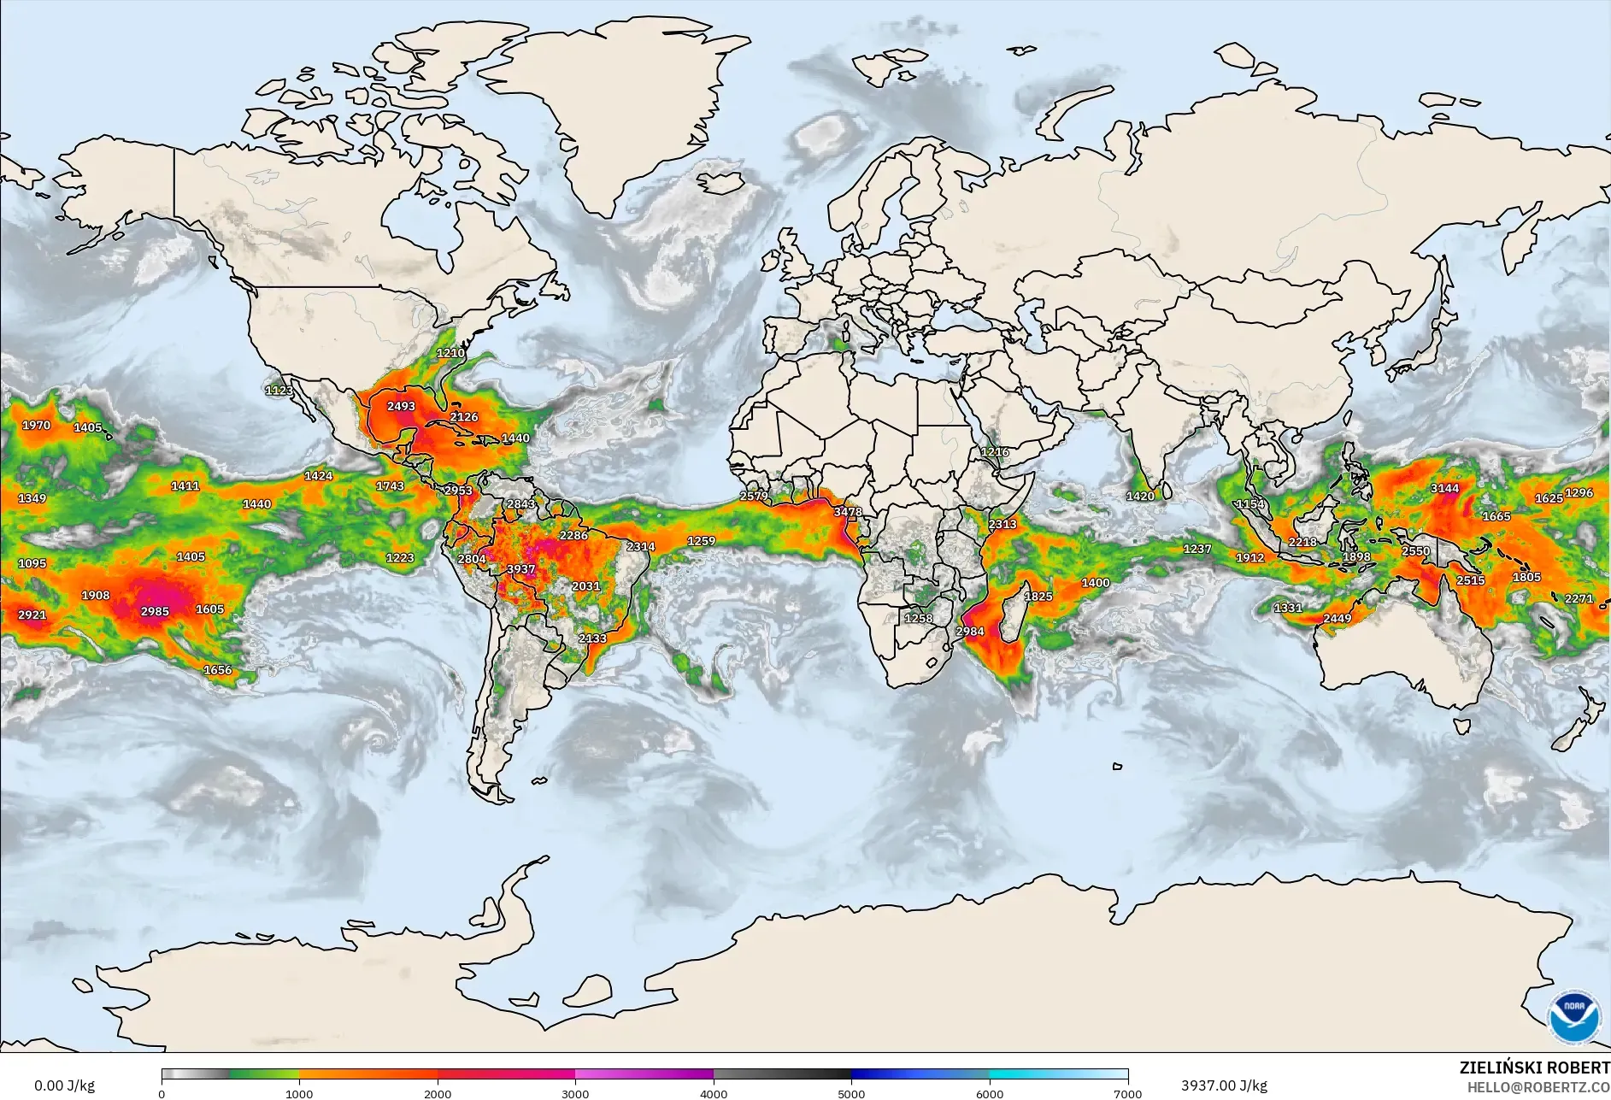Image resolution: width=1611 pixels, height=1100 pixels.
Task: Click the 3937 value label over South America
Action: point(520,569)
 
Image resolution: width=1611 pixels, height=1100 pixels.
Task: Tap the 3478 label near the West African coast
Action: point(848,512)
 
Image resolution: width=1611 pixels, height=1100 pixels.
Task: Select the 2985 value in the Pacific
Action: point(155,611)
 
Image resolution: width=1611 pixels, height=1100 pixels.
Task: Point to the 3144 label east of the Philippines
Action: point(1444,489)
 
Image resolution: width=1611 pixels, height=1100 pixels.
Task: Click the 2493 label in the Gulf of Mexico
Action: point(401,406)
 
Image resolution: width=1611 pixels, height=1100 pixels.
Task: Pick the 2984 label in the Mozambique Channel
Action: point(970,632)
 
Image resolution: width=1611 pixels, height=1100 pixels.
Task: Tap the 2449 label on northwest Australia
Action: point(1337,619)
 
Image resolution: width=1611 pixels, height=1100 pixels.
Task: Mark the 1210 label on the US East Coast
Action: point(450,353)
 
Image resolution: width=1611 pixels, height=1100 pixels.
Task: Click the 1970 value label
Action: point(36,425)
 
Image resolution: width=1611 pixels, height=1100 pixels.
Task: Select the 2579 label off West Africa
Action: point(754,497)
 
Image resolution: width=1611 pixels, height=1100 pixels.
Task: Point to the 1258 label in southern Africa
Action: point(919,618)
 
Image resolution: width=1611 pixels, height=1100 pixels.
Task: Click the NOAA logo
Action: point(1574,1016)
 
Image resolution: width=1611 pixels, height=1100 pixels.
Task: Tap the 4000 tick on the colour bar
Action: point(714,1094)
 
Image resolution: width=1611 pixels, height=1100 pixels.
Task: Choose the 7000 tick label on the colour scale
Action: point(1127,1094)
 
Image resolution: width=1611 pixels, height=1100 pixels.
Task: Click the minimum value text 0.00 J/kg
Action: point(64,1085)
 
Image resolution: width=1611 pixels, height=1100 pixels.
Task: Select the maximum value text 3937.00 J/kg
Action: point(1224,1085)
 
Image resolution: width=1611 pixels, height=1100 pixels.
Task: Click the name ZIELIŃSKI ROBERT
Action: point(1534,1068)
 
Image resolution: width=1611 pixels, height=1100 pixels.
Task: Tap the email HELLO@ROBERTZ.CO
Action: point(1538,1087)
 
